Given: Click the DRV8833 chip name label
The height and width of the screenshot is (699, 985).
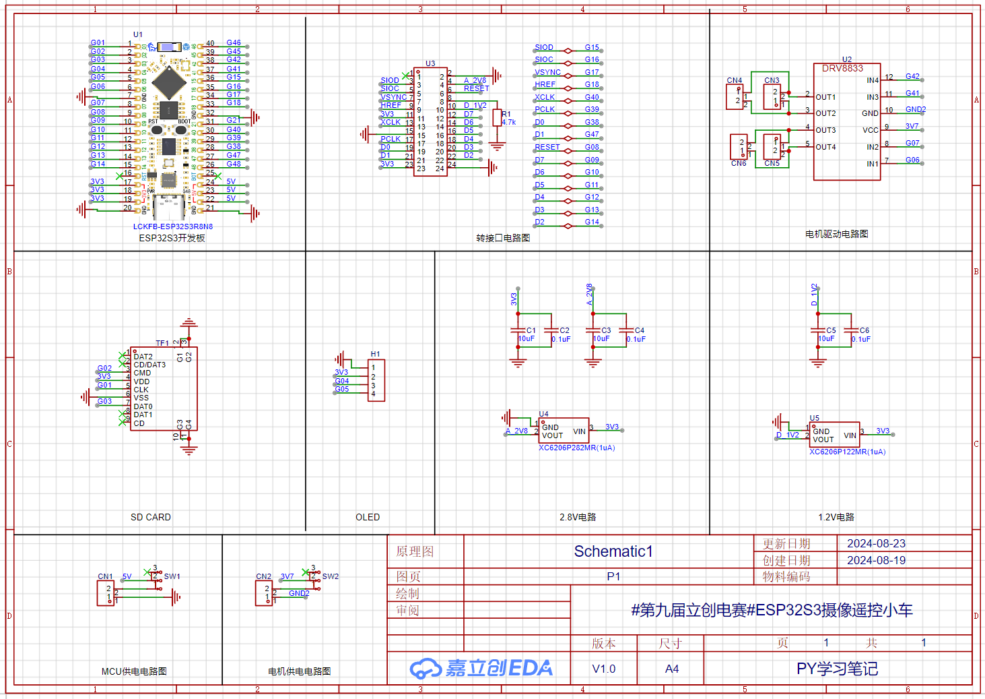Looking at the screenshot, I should click(842, 69).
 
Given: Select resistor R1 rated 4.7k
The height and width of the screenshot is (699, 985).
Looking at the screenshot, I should click(497, 118).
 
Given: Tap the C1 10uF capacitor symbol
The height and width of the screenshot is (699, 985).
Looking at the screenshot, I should click(517, 330).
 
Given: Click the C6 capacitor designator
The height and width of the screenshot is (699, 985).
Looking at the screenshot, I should click(864, 330).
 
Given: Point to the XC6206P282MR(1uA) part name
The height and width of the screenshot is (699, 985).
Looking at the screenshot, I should click(576, 448).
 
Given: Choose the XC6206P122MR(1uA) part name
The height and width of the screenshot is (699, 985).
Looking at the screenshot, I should click(847, 452).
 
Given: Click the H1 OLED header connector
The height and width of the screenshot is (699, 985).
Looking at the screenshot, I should click(376, 381).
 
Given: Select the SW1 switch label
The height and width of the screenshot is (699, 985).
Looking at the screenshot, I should click(172, 576).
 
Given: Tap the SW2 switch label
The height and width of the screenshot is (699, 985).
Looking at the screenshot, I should click(330, 576).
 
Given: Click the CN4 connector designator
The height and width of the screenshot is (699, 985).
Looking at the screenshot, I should click(734, 80).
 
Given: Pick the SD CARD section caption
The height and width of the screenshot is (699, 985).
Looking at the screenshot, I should click(151, 517).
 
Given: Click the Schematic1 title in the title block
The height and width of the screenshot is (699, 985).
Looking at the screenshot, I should click(613, 551).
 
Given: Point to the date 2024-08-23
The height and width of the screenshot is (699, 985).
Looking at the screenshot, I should click(876, 543).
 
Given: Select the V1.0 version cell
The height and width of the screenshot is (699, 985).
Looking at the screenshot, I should click(604, 669).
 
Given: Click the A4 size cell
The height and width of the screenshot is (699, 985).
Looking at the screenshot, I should click(672, 669).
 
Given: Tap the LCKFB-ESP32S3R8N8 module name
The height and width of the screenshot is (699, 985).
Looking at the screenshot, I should click(173, 226).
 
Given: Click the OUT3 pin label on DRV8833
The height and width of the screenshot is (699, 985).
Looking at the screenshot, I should click(825, 130).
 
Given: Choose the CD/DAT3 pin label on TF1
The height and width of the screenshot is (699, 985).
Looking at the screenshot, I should click(149, 365).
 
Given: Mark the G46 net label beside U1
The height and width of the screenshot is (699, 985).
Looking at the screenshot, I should click(234, 42).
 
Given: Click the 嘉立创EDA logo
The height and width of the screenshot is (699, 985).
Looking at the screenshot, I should click(481, 668).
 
